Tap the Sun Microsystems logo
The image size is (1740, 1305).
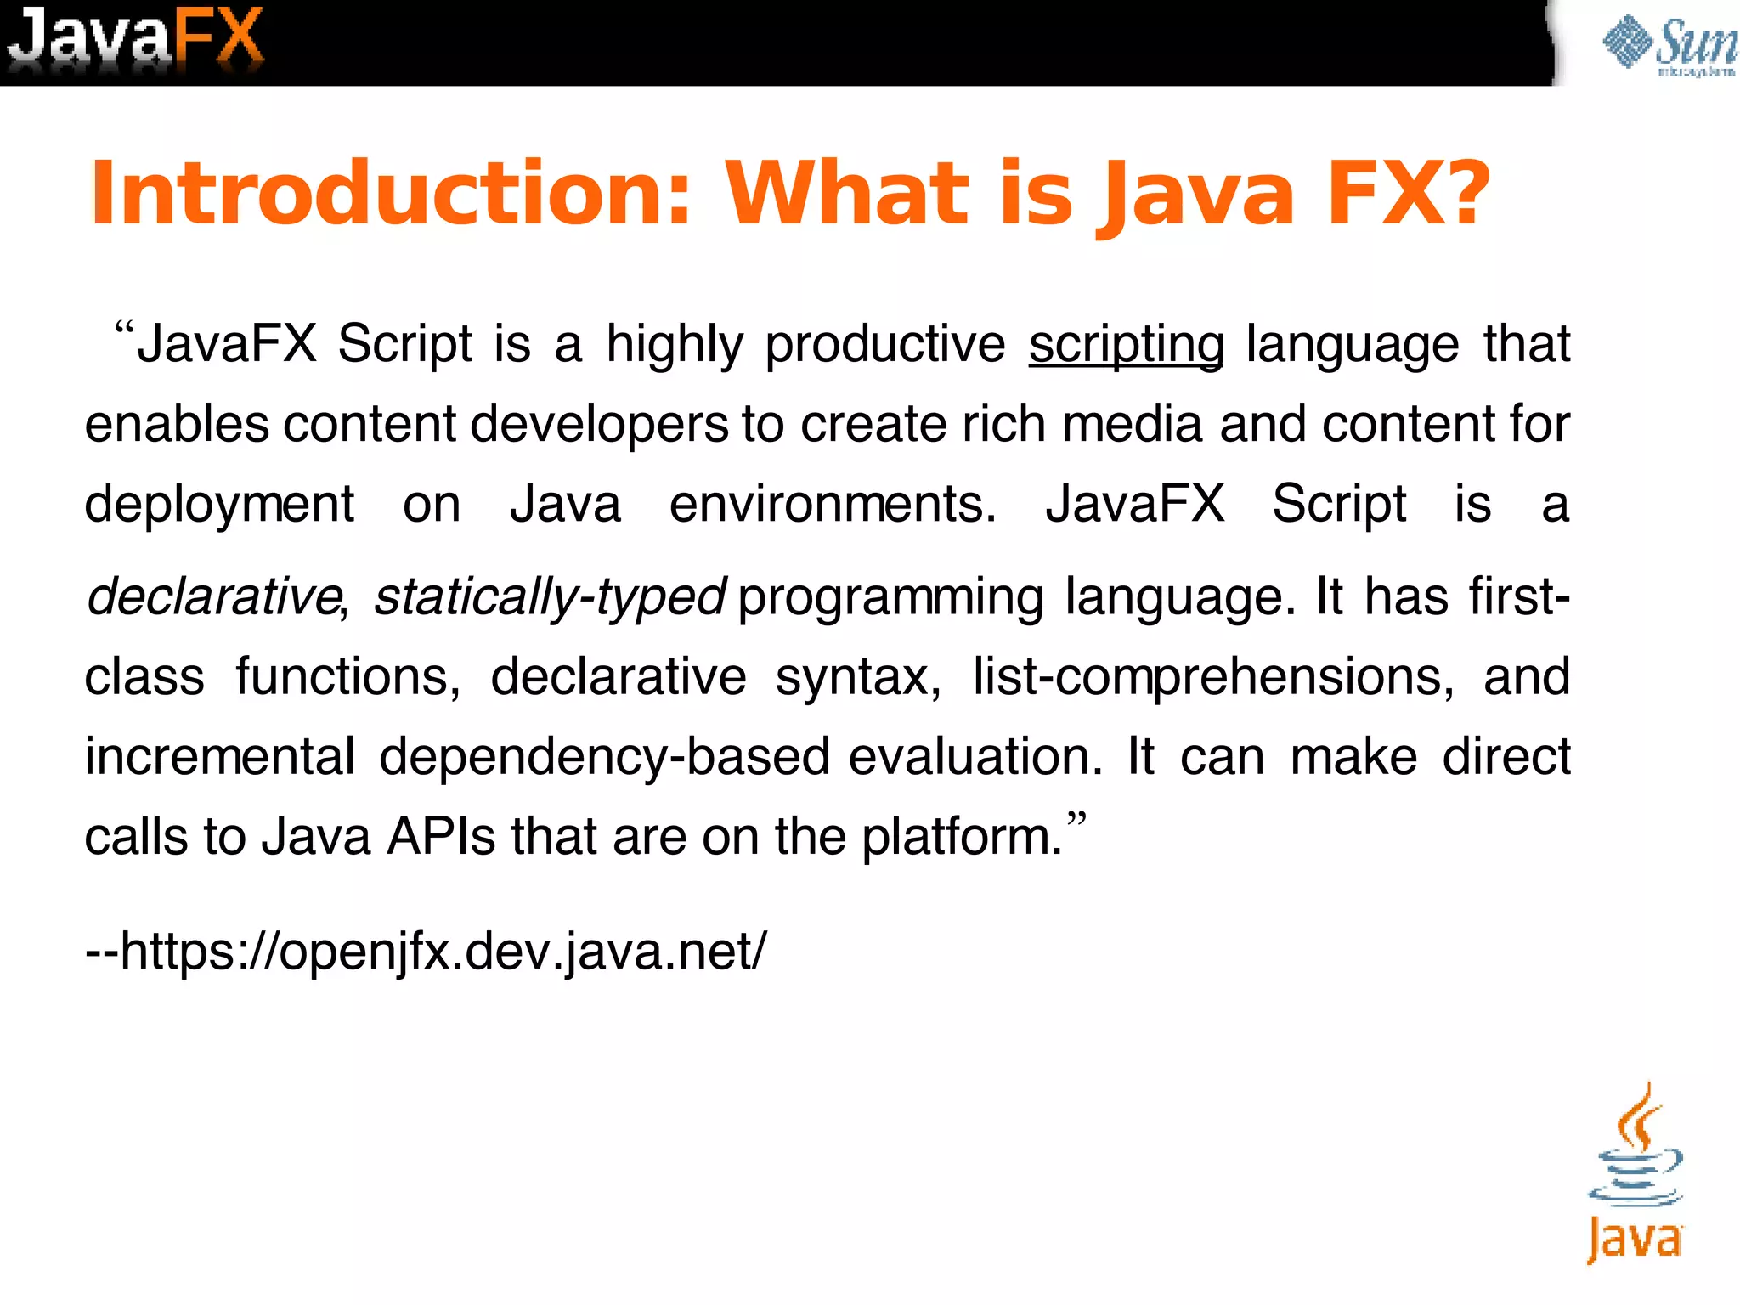pos(1669,44)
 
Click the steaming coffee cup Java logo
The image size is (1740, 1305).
pos(1635,1172)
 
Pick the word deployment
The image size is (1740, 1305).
pos(219,505)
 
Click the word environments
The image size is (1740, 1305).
pos(833,504)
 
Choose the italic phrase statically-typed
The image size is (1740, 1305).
pos(550,596)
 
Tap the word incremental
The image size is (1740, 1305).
pos(219,756)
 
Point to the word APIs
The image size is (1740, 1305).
pos(441,836)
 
